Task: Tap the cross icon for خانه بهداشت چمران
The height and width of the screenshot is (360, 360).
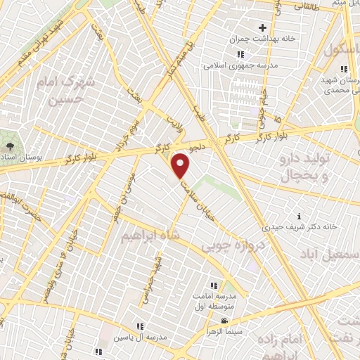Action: (262, 28)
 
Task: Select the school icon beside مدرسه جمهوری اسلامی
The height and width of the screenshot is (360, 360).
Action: (240, 54)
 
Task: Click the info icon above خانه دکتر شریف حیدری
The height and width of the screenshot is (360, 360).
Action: (300, 216)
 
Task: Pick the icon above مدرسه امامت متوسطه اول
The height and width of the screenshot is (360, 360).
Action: (214, 285)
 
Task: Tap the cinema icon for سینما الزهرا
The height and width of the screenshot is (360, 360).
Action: (224, 322)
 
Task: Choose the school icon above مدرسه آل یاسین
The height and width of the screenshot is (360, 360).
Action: (140, 326)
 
